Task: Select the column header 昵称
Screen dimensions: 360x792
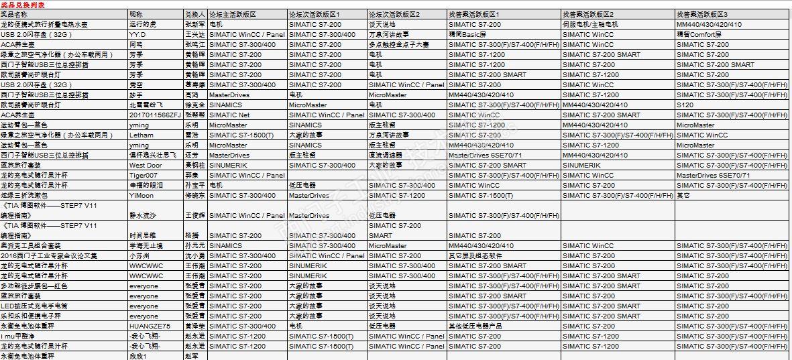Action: point(136,14)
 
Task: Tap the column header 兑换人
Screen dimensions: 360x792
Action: point(194,14)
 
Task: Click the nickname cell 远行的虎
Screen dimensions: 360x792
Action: point(144,24)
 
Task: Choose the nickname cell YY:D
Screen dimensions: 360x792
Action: point(137,34)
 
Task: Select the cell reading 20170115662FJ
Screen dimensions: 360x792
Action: point(155,115)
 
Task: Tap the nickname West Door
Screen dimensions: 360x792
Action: point(146,165)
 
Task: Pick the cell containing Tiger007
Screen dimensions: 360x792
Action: point(143,175)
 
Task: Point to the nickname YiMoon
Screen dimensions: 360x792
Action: point(142,195)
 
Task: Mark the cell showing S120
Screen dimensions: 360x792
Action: point(685,105)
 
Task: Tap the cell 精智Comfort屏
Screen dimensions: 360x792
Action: point(701,34)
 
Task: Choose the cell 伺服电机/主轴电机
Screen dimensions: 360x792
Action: point(591,24)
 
